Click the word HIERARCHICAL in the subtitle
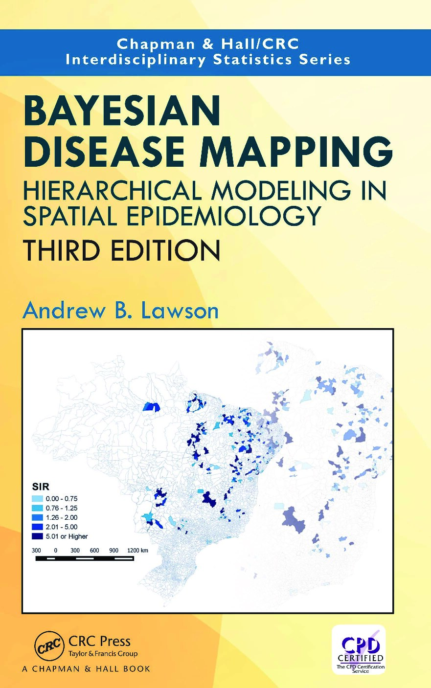coord(112,190)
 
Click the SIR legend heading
coord(41,487)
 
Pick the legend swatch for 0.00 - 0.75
coord(37,499)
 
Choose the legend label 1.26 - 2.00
coord(62,517)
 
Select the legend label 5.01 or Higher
coord(67,536)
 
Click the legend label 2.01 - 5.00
coord(62,527)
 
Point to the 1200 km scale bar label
coord(137,551)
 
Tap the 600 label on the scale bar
coord(94,551)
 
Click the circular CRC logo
coord(49,646)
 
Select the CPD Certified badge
coord(360,649)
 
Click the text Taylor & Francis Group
coord(103,654)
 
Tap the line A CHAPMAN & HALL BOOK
coord(86,669)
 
